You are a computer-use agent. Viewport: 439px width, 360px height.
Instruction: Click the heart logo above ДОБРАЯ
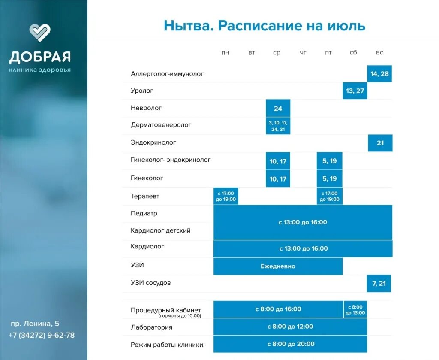40,33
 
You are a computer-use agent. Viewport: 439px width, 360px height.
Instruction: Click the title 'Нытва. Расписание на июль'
265,26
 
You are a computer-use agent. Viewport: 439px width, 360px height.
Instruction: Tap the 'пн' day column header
226,53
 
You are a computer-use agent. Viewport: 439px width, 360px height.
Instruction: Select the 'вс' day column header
379,53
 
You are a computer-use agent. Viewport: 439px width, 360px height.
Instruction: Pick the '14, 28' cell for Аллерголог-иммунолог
379,74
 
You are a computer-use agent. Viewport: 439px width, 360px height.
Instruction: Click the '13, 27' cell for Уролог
355,91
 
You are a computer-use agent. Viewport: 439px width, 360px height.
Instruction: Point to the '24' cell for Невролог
278,109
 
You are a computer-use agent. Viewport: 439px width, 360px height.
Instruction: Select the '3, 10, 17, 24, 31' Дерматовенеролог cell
278,126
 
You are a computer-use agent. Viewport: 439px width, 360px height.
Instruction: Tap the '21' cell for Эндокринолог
380,143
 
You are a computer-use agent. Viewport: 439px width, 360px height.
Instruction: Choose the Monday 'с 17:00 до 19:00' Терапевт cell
226,196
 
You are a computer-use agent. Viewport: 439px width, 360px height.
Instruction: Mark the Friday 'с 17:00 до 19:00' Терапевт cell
329,196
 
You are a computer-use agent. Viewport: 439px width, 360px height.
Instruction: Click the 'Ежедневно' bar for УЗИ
278,266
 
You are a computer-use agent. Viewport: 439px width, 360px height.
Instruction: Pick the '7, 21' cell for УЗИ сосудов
379,284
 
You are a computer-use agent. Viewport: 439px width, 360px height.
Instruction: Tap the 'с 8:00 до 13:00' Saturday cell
355,310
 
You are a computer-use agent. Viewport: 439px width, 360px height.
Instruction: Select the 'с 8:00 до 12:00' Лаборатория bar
290,327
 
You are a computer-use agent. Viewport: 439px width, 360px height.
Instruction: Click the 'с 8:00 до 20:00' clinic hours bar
290,344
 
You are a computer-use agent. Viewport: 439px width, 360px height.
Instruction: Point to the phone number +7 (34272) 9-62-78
42,335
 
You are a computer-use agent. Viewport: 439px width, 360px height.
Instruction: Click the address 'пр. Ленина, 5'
35,324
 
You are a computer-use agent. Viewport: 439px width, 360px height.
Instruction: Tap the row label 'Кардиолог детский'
160,230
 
